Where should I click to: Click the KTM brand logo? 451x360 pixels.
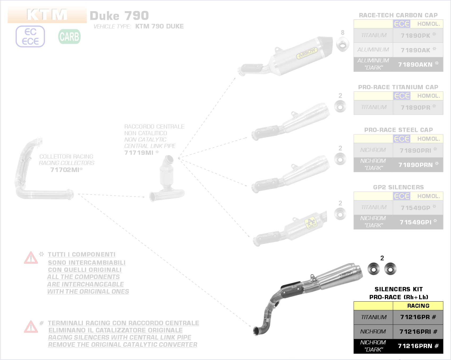[x=47, y=15]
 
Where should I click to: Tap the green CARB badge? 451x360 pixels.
[x=69, y=37]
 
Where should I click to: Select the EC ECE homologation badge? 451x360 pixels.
[x=30, y=37]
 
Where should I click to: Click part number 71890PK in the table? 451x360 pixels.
[x=415, y=36]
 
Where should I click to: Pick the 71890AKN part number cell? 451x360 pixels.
[x=415, y=65]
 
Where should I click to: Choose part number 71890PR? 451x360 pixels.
[x=415, y=108]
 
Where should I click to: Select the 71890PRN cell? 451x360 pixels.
[x=416, y=165]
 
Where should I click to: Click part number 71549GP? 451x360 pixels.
[x=415, y=208]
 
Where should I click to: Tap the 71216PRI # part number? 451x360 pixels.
[x=418, y=332]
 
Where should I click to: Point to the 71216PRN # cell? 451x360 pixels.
[x=418, y=346]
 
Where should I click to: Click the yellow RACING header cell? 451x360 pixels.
[x=418, y=306]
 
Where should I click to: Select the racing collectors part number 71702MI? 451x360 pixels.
[x=65, y=170]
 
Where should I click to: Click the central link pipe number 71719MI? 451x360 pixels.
[x=139, y=153]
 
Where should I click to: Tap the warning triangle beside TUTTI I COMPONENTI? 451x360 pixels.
[x=31, y=258]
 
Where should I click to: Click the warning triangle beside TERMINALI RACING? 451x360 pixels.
[x=31, y=327]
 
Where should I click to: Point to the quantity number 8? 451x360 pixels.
[x=343, y=32]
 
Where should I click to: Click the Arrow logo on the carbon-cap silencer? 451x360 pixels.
[x=307, y=53]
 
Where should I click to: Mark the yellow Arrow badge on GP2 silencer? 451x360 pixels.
[x=311, y=223]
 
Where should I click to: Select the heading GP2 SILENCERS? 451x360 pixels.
[x=398, y=187]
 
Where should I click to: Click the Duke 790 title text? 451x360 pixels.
[x=119, y=16]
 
